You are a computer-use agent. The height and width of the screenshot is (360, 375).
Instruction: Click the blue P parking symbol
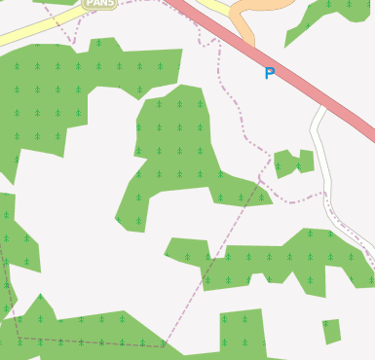(x=269, y=73)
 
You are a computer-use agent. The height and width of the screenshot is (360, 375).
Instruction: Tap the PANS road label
(x=99, y=4)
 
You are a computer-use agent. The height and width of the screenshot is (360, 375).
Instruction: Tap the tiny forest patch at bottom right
(x=331, y=331)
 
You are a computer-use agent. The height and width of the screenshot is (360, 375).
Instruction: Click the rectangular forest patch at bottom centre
(x=242, y=331)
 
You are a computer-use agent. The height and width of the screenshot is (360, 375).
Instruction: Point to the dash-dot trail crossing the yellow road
(x=70, y=29)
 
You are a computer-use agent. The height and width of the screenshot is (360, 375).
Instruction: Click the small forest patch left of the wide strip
(x=188, y=250)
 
